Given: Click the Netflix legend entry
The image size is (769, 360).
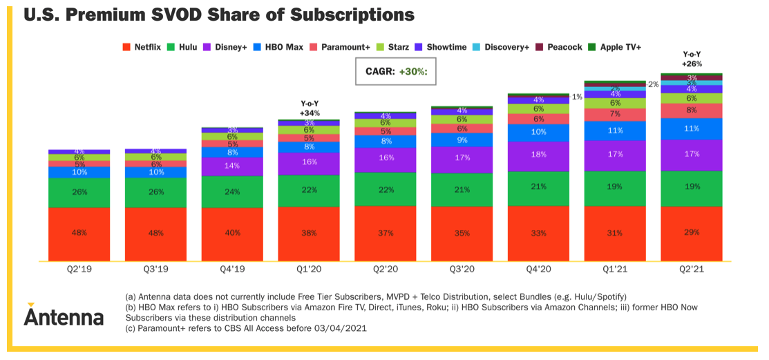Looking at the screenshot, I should click(142, 47).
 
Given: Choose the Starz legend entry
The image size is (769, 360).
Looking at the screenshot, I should click(392, 47).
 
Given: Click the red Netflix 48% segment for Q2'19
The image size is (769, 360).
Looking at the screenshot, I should click(79, 234).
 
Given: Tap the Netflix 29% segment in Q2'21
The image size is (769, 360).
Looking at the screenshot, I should click(692, 233).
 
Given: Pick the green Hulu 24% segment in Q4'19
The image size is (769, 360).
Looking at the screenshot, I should click(232, 191).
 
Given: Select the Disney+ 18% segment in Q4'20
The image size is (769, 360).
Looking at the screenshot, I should click(539, 155).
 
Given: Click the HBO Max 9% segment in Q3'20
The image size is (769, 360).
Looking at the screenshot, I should click(462, 140).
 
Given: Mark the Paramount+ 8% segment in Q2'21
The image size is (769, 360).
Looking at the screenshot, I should click(692, 110).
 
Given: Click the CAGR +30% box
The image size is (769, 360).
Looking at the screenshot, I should click(397, 71).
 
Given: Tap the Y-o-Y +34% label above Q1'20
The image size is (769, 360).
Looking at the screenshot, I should click(307, 107).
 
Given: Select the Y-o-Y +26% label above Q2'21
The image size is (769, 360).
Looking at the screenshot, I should click(692, 59).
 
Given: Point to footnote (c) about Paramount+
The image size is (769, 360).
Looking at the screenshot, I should click(245, 328).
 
